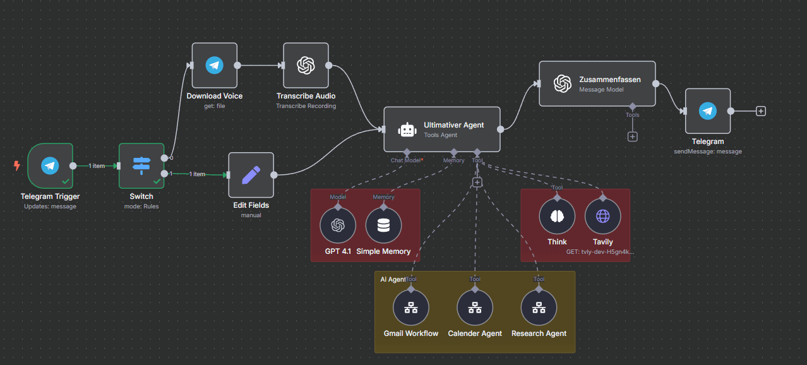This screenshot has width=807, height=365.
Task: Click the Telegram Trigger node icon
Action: pyautogui.click(x=50, y=165)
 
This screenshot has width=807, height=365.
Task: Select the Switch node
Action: pyautogui.click(x=141, y=165)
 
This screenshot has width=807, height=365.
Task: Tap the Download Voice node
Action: pyautogui.click(x=215, y=65)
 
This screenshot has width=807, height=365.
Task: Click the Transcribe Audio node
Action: pyautogui.click(x=306, y=65)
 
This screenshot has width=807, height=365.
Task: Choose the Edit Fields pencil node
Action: pyautogui.click(x=251, y=175)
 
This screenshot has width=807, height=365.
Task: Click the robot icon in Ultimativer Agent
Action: pyautogui.click(x=407, y=129)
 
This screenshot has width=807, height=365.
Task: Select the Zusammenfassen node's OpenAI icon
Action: pyautogui.click(x=563, y=83)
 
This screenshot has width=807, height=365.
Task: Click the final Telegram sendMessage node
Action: pyautogui.click(x=708, y=111)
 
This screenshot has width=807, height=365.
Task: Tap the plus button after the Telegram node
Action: pyautogui.click(x=761, y=111)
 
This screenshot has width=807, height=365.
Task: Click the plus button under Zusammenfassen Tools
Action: pyautogui.click(x=632, y=136)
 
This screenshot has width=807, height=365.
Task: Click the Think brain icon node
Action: pyautogui.click(x=557, y=216)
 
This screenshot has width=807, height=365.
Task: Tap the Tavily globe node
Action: pyautogui.click(x=603, y=216)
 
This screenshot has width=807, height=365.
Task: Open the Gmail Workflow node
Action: pyautogui.click(x=411, y=308)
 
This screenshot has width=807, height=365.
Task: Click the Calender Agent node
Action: pyautogui.click(x=475, y=308)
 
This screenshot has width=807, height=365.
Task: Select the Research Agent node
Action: pyautogui.click(x=539, y=308)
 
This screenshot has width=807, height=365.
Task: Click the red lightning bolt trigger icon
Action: pyautogui.click(x=17, y=166)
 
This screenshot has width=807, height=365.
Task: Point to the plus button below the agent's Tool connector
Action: pyautogui.click(x=477, y=182)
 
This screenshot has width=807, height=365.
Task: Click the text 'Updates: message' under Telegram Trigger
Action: pyautogui.click(x=50, y=206)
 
